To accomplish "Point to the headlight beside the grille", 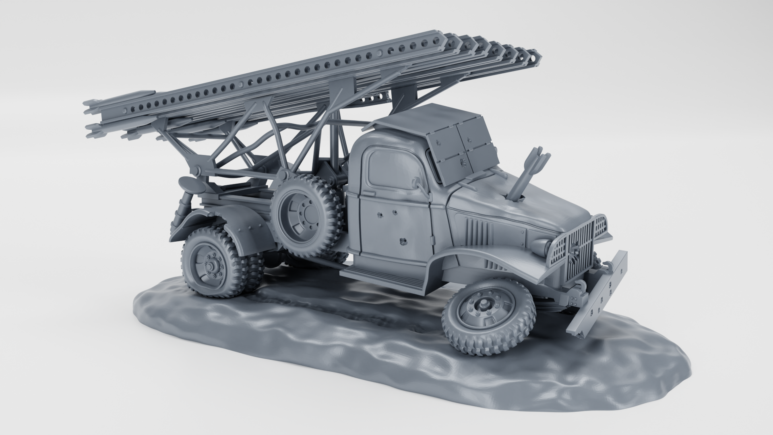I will pos(541,245).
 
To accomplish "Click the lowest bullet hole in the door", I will pos(401,242).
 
